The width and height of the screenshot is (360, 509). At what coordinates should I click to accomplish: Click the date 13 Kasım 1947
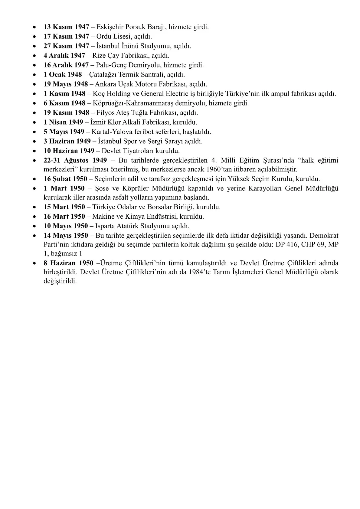click(x=67, y=27)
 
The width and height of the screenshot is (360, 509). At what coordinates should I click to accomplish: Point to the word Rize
click(x=100, y=56)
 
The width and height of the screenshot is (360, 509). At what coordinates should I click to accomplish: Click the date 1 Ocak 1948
click(x=63, y=75)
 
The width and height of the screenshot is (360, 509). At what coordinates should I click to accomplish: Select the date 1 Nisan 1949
click(x=64, y=122)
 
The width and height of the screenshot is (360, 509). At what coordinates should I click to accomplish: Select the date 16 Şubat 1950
click(x=65, y=179)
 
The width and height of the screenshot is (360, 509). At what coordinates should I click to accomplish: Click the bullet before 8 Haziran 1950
click(x=36, y=263)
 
